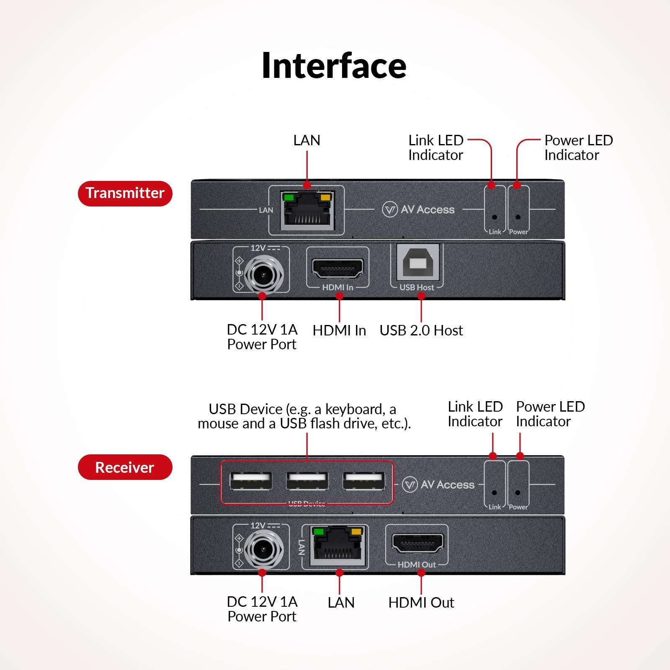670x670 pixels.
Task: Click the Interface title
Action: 334,66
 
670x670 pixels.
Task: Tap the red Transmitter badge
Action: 125,193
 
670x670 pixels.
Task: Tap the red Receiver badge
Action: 125,467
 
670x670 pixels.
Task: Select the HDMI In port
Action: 338,268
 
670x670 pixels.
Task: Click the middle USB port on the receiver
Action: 307,481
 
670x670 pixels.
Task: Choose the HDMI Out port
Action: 417,544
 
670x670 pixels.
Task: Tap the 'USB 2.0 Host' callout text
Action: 421,330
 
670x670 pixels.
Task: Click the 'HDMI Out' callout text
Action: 421,603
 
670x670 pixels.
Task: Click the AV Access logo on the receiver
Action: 438,484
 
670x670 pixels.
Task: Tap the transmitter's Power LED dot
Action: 518,217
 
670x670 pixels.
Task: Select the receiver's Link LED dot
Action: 495,493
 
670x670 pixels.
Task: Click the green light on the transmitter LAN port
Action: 288,197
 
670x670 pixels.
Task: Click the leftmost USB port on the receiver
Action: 250,481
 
